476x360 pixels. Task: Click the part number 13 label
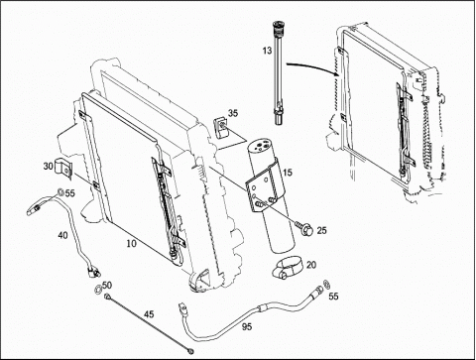click(267, 51)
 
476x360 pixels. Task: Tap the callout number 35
click(233, 113)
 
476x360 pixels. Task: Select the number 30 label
click(49, 166)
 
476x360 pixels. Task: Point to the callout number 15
click(288, 173)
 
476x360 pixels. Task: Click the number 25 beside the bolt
click(321, 230)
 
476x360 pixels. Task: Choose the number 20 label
click(311, 265)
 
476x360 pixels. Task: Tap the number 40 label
click(62, 235)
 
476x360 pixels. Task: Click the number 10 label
click(131, 244)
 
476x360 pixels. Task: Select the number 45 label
click(149, 314)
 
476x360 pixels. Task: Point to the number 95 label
click(247, 327)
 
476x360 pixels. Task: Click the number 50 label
click(107, 285)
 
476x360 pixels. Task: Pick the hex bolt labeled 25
click(304, 228)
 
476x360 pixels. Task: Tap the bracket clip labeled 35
click(221, 127)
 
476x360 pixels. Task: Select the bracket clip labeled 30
click(64, 169)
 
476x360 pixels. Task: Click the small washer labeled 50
click(98, 290)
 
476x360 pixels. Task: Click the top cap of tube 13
click(277, 26)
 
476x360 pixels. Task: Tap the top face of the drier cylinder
click(260, 146)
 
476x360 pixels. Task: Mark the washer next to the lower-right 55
click(325, 284)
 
